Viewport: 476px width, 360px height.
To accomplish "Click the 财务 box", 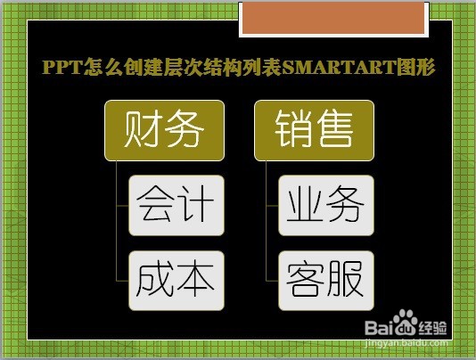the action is (164, 130).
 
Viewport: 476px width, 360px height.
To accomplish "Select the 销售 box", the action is (314, 130).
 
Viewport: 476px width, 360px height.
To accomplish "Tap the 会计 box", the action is (176, 205).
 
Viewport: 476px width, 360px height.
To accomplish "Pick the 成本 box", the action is (176, 281).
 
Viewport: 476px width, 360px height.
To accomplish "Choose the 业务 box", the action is (326, 205).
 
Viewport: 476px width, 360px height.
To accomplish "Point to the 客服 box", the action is (326, 281).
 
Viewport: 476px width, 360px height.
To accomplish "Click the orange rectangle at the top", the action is (333, 18).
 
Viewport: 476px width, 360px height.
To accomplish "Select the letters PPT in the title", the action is (62, 67).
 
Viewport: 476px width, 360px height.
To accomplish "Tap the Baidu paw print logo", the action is (406, 323).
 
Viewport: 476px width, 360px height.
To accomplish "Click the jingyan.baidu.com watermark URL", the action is (406, 343).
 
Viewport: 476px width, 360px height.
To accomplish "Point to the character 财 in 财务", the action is (144, 129).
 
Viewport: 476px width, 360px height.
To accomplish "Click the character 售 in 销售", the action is (334, 128).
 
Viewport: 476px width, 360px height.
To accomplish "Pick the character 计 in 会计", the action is (195, 203).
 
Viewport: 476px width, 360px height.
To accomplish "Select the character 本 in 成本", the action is (195, 280).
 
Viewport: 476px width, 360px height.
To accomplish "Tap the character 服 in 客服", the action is (345, 279).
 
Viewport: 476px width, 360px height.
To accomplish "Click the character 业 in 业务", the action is (306, 203).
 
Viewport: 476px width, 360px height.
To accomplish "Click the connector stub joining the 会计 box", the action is (122, 206).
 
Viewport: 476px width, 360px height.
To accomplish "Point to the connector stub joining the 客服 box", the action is (272, 281).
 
